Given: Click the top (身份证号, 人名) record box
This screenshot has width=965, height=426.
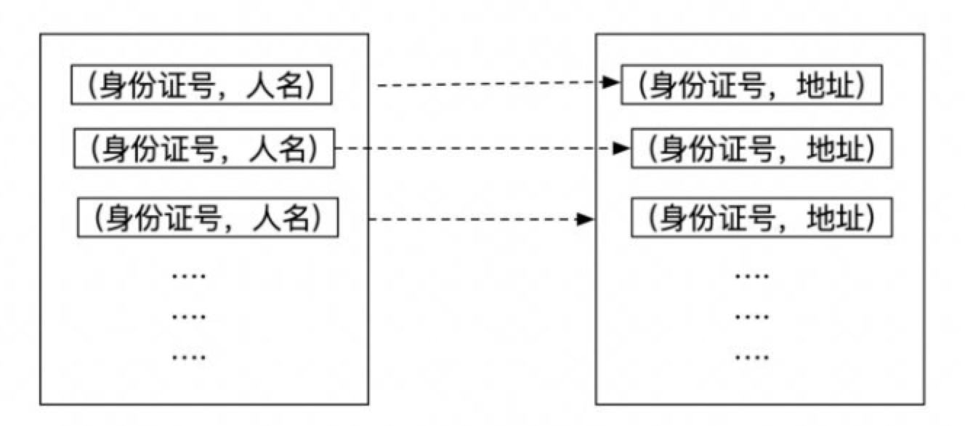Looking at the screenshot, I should pyautogui.click(x=201, y=86).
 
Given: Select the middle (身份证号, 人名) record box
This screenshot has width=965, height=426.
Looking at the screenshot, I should pyautogui.click(x=204, y=148).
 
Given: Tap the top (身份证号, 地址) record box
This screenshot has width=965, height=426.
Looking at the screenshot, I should pyautogui.click(x=751, y=86).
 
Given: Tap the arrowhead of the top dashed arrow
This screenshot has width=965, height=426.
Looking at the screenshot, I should pyautogui.click(x=613, y=84).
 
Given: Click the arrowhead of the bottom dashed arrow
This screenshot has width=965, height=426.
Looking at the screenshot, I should pyautogui.click(x=587, y=218).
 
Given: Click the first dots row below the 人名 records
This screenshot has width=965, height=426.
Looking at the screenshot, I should pyautogui.click(x=189, y=276).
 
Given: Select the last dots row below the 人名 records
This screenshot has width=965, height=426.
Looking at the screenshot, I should pyautogui.click(x=189, y=358).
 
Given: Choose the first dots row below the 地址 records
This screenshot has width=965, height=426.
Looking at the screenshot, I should pyautogui.click(x=752, y=276).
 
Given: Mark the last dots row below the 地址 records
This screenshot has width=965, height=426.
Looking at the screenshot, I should pyautogui.click(x=752, y=358).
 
